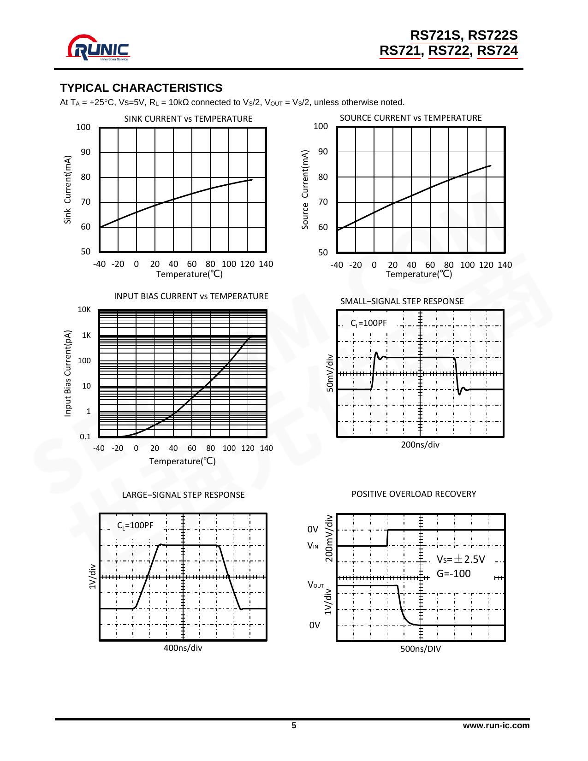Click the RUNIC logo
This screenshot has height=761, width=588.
click(99, 47)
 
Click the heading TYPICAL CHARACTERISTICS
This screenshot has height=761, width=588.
click(141, 88)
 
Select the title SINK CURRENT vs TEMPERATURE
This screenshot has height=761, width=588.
click(188, 118)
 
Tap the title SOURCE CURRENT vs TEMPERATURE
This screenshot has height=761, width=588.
click(410, 118)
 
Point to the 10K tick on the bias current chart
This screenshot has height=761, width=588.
click(84, 310)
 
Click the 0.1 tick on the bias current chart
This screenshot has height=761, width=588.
click(85, 437)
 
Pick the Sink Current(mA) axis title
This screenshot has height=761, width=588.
click(68, 189)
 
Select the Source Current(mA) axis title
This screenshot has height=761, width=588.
click(305, 189)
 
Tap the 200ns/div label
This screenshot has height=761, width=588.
click(420, 445)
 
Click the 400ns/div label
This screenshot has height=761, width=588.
click(183, 648)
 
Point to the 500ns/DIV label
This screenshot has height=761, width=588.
click(421, 649)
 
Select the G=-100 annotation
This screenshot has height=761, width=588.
click(453, 574)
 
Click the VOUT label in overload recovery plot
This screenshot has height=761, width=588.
click(316, 585)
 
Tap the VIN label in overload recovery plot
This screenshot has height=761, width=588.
click(313, 546)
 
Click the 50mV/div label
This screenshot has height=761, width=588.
click(330, 373)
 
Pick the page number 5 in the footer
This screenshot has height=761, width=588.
click(294, 726)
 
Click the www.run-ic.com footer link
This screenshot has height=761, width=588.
click(496, 726)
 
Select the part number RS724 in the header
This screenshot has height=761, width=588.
click(497, 51)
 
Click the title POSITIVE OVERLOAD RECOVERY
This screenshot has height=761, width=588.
click(414, 494)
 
